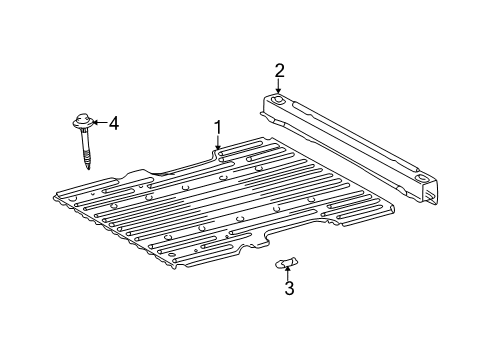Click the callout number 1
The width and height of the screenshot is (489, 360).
pos(217,128)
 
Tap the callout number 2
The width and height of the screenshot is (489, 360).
pos(280,69)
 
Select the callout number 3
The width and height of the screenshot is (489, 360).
pos(288,290)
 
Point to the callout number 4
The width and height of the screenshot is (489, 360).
pos(113,123)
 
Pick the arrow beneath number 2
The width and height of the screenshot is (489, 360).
pos(280,87)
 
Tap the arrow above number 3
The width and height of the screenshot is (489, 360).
pos(288,271)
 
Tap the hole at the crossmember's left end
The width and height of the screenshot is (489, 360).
pos(278,100)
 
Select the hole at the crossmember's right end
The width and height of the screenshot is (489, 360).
pos(421,178)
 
